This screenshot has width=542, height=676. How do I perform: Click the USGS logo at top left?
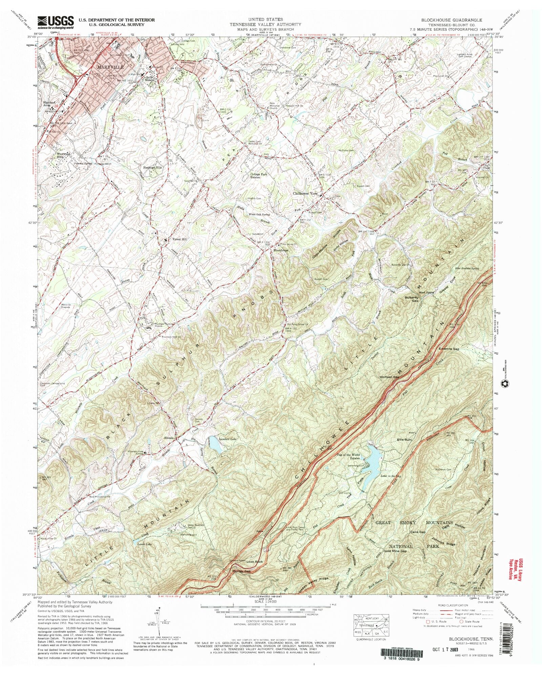point(56,23)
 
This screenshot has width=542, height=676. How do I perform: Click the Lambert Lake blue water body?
point(215,444)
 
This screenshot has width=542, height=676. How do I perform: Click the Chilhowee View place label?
point(305,193)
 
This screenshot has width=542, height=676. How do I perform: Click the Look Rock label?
point(254,562)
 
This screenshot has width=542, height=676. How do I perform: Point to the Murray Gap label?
point(241,571)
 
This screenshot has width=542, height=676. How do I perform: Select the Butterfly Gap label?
point(411,299)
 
